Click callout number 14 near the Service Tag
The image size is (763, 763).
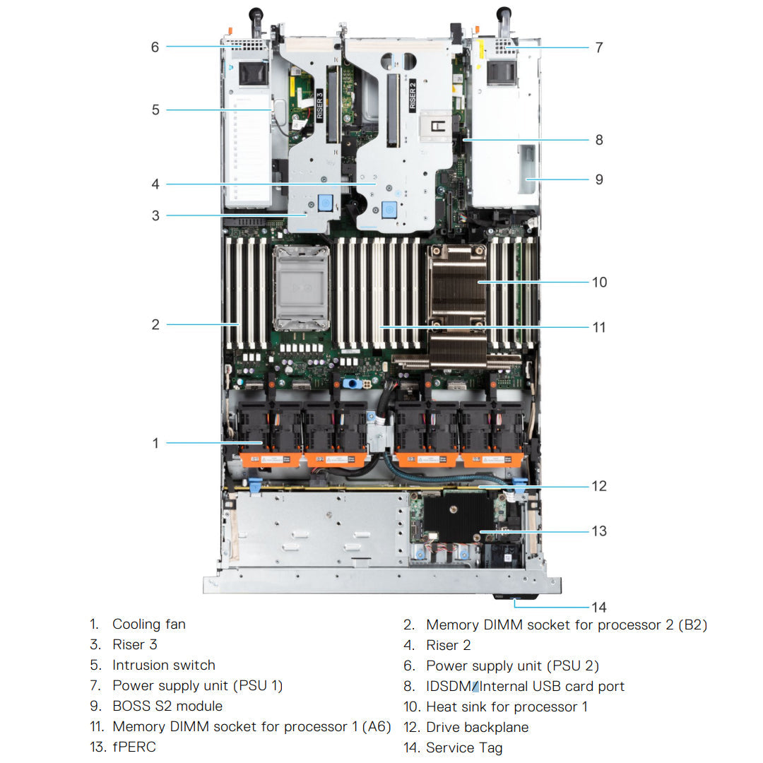pos(598,607)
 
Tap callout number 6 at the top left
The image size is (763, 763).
pos(155,47)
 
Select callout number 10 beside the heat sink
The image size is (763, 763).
pos(599,282)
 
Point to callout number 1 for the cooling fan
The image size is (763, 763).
pos(155,444)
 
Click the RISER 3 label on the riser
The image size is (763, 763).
pos(319,106)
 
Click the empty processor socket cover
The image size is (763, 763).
pos(302,288)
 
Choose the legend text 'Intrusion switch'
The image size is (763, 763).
pos(163,665)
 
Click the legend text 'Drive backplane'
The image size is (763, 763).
pos(477,727)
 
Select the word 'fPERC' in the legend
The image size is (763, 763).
pos(134,747)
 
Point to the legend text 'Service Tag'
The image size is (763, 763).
pos(464,747)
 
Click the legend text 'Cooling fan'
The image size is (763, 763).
pos(148,624)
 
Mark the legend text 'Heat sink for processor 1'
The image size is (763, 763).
pos(507,706)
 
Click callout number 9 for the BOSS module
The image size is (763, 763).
pos(599,179)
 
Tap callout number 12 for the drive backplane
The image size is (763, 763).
pos(599,486)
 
